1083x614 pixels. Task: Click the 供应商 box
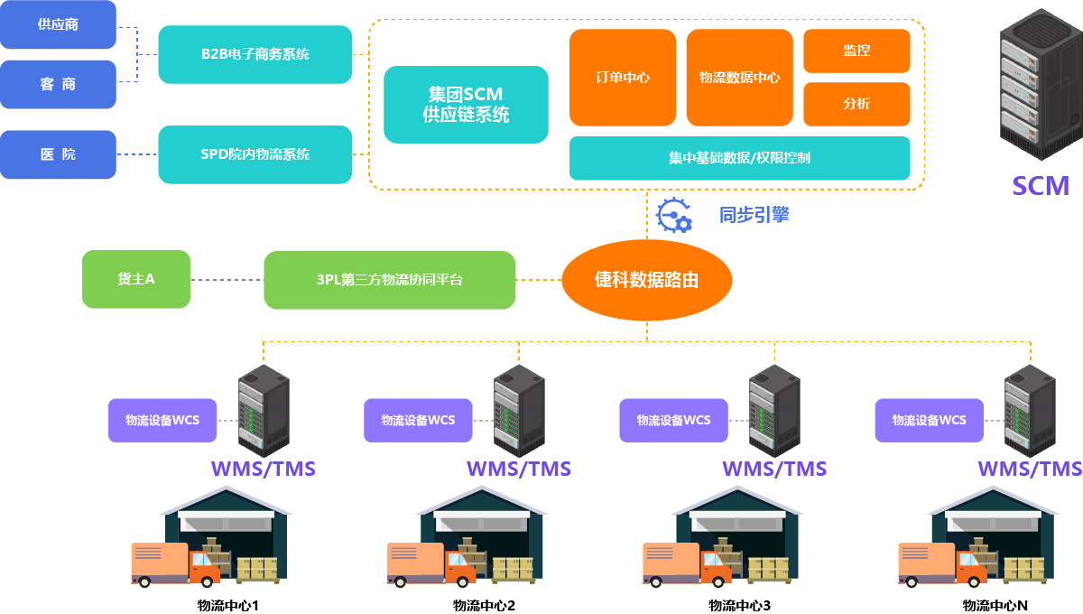click(59, 24)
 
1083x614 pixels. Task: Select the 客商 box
click(59, 84)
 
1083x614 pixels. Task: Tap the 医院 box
click(59, 154)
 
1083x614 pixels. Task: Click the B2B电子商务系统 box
click(255, 54)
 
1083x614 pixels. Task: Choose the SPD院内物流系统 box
click(255, 154)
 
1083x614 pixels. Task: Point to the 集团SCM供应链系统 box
click(466, 105)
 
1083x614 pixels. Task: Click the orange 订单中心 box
click(623, 78)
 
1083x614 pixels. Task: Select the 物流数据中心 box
click(739, 78)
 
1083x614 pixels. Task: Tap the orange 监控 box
click(856, 51)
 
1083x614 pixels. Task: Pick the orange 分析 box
click(856, 104)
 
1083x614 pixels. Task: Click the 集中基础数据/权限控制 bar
click(739, 158)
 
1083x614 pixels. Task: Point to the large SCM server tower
click(1040, 90)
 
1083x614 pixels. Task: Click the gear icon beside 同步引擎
click(673, 215)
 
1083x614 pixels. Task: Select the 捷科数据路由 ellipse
click(646, 280)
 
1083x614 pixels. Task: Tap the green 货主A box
click(136, 280)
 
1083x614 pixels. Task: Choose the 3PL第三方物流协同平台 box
click(389, 280)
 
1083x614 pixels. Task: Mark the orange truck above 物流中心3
click(687, 564)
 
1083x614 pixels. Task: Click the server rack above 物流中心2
click(519, 411)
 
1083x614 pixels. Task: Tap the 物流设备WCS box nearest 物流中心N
click(929, 420)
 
